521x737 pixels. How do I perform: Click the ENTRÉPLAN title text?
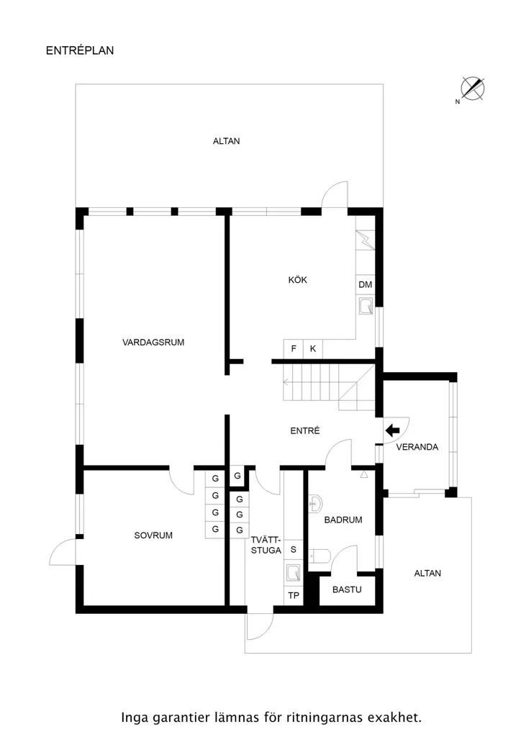(x=80, y=50)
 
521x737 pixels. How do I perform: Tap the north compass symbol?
(x=471, y=89)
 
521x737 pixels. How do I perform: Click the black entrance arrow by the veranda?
(x=392, y=430)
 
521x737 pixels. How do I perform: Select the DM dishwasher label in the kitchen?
(x=365, y=284)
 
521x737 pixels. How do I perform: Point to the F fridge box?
(x=293, y=349)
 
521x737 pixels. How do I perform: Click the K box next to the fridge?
(x=313, y=349)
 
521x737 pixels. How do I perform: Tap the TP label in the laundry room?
(x=294, y=595)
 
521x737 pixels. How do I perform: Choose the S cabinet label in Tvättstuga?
(x=294, y=549)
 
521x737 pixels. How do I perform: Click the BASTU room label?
(x=347, y=589)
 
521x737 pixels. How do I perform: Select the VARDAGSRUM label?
(x=153, y=342)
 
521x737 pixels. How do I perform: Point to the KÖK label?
(x=297, y=280)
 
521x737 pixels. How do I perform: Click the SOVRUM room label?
(x=153, y=535)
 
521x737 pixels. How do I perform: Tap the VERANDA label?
(x=417, y=447)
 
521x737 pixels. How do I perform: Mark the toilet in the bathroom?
(x=320, y=556)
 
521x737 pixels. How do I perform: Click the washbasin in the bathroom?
(x=315, y=504)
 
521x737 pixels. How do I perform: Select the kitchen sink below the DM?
(x=366, y=306)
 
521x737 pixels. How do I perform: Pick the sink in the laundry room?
(x=293, y=573)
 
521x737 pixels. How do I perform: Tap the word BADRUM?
(x=343, y=520)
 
